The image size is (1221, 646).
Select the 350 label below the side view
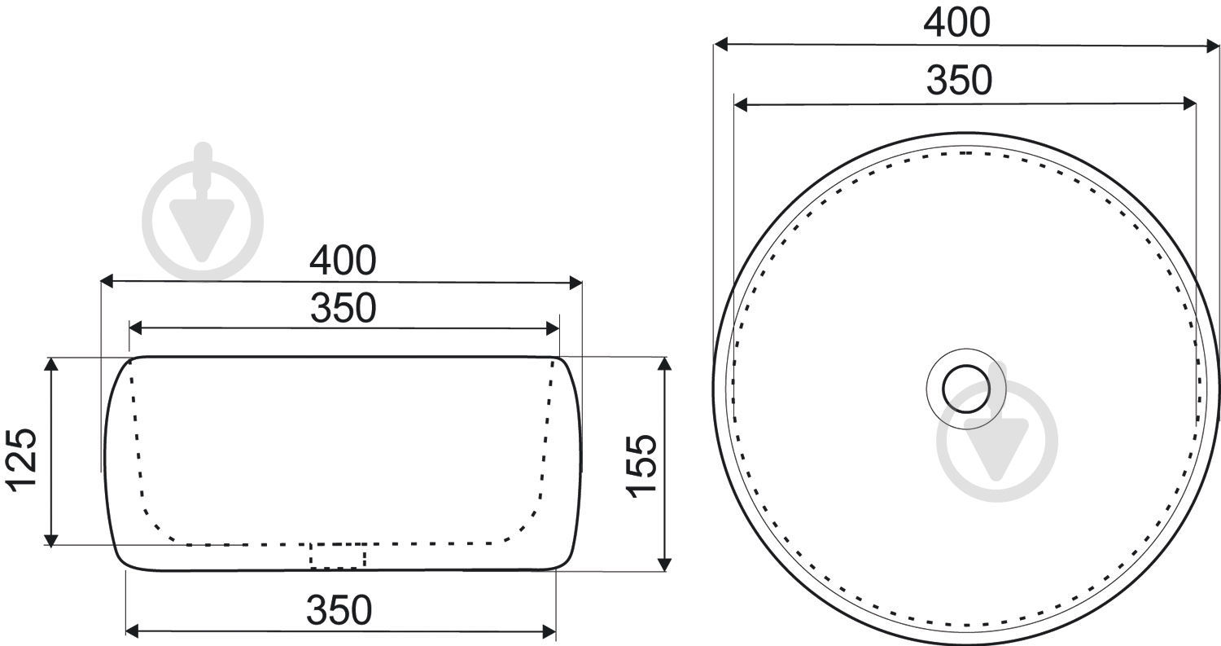pyautogui.click(x=339, y=610)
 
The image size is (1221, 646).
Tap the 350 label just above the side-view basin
pyautogui.click(x=343, y=308)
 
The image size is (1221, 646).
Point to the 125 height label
pyautogui.click(x=21, y=460)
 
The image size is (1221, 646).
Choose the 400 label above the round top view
pyautogui.click(x=956, y=23)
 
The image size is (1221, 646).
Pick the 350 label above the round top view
pyautogui.click(x=960, y=80)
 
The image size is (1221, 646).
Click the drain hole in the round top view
pyautogui.click(x=965, y=389)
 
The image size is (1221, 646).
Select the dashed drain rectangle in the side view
pyautogui.click(x=338, y=556)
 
